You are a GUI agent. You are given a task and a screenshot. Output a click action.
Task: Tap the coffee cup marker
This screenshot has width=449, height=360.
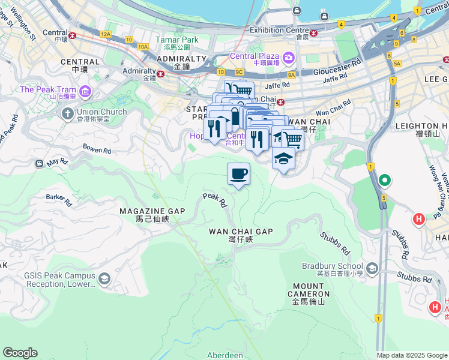tap(238, 174)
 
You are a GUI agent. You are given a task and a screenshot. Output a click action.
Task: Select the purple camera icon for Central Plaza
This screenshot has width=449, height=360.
tap(288, 58)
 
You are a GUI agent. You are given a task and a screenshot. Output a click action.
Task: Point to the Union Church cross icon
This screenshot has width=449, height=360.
tap(67, 113)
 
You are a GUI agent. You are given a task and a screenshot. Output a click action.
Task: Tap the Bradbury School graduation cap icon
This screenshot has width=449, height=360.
tap(372, 267)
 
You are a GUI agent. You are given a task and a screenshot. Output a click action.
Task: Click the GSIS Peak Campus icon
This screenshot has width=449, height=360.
tap(104, 278)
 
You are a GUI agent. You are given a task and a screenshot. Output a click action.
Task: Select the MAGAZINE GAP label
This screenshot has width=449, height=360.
tap(152, 211)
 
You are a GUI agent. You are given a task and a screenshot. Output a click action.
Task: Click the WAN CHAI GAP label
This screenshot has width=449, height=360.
tap(241, 232)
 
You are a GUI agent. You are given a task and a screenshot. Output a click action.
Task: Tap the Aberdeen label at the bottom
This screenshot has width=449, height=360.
tap(225, 355)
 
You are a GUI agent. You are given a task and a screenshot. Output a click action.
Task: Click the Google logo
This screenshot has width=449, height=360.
tap(20, 353)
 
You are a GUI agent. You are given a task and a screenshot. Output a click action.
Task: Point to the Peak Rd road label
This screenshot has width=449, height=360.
tap(214, 200)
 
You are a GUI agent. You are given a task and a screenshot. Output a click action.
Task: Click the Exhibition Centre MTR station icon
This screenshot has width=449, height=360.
tap(313, 32)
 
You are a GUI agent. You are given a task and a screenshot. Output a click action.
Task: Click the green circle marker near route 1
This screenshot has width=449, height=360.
tap(384, 180)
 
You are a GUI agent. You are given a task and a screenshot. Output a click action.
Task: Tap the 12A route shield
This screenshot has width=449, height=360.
tap(106, 34)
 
